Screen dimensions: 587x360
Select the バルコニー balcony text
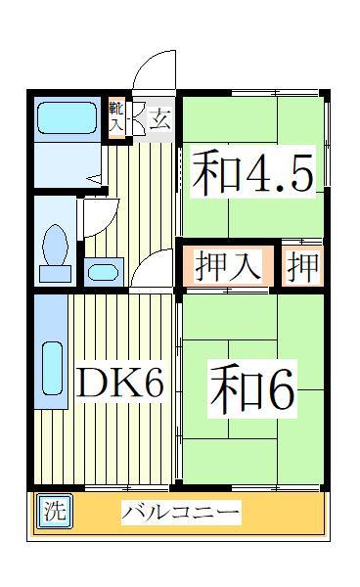point(181,513)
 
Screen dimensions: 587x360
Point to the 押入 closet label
point(228,266)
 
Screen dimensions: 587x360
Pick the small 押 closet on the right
point(303,266)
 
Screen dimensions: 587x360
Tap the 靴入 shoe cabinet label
point(116,118)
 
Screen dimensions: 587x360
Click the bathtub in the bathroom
point(67,118)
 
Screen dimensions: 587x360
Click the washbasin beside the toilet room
point(103,270)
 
